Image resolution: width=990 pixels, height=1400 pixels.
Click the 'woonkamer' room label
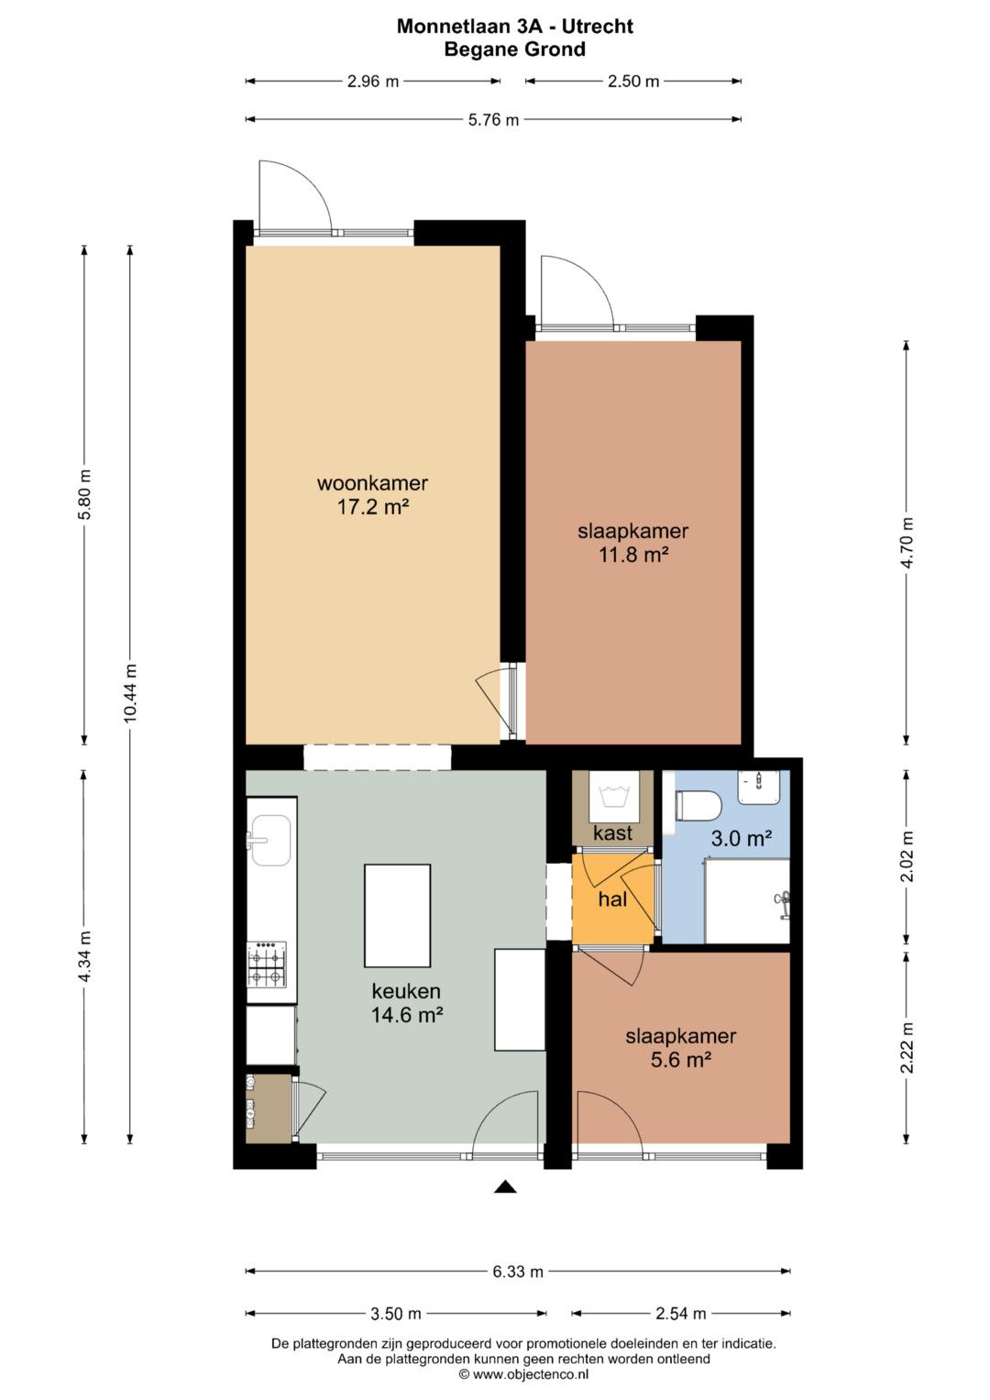point(372,483)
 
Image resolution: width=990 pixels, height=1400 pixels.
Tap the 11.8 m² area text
point(633,555)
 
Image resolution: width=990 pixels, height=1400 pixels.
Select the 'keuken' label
point(406,991)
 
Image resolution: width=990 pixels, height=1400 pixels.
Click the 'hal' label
point(612,899)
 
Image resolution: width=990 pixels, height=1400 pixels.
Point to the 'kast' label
point(612,833)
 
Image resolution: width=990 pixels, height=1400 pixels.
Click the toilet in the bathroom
point(698,805)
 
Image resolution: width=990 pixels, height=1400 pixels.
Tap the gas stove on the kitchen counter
point(267,965)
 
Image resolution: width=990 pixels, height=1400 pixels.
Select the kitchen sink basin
point(270,841)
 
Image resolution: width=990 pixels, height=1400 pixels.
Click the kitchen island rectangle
point(398,916)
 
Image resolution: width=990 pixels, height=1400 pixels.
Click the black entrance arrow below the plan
point(506,1187)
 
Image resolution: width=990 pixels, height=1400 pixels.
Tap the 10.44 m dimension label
point(130,694)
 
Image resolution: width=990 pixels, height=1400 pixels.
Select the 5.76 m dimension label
point(494,119)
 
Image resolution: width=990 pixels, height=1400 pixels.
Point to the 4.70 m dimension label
point(907,543)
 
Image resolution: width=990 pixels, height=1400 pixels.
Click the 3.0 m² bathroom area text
point(742,838)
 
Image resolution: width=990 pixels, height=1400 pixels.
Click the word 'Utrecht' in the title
point(598,27)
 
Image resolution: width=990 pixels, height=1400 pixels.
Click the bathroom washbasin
point(759,787)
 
